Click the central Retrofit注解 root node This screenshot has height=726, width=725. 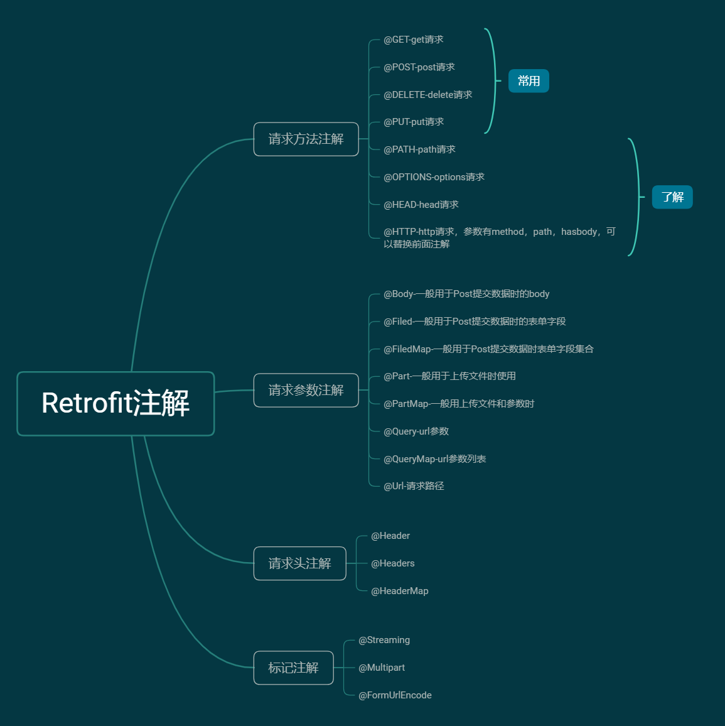[115, 403]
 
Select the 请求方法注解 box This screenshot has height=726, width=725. [306, 139]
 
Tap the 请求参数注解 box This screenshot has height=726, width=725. [306, 390]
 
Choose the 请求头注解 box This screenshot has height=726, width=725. [300, 563]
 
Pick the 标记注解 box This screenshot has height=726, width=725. [293, 668]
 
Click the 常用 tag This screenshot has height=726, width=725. [529, 81]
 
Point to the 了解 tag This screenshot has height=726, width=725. [672, 197]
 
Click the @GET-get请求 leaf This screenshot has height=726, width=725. [414, 40]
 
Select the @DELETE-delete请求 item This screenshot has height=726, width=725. [428, 95]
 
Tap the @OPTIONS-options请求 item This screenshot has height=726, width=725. [434, 177]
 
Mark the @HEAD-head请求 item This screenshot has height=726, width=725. [421, 205]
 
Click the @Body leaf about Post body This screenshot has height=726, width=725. [466, 294]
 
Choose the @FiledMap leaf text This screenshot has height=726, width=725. [488, 349]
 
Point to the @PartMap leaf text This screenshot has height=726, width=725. [459, 404]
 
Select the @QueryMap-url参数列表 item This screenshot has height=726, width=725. [435, 459]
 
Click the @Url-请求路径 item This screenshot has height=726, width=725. [414, 486]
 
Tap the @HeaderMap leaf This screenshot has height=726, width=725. [400, 591]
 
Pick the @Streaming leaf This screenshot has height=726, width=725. [384, 641]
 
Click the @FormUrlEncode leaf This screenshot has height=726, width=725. [395, 695]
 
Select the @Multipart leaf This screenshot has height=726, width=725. [382, 668]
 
